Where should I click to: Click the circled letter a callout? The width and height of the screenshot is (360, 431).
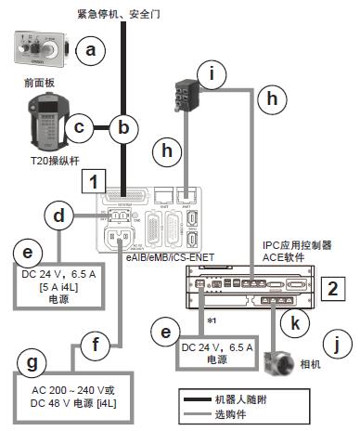pos(90,52)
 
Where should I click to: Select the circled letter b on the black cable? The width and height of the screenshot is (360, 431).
pos(122,128)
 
